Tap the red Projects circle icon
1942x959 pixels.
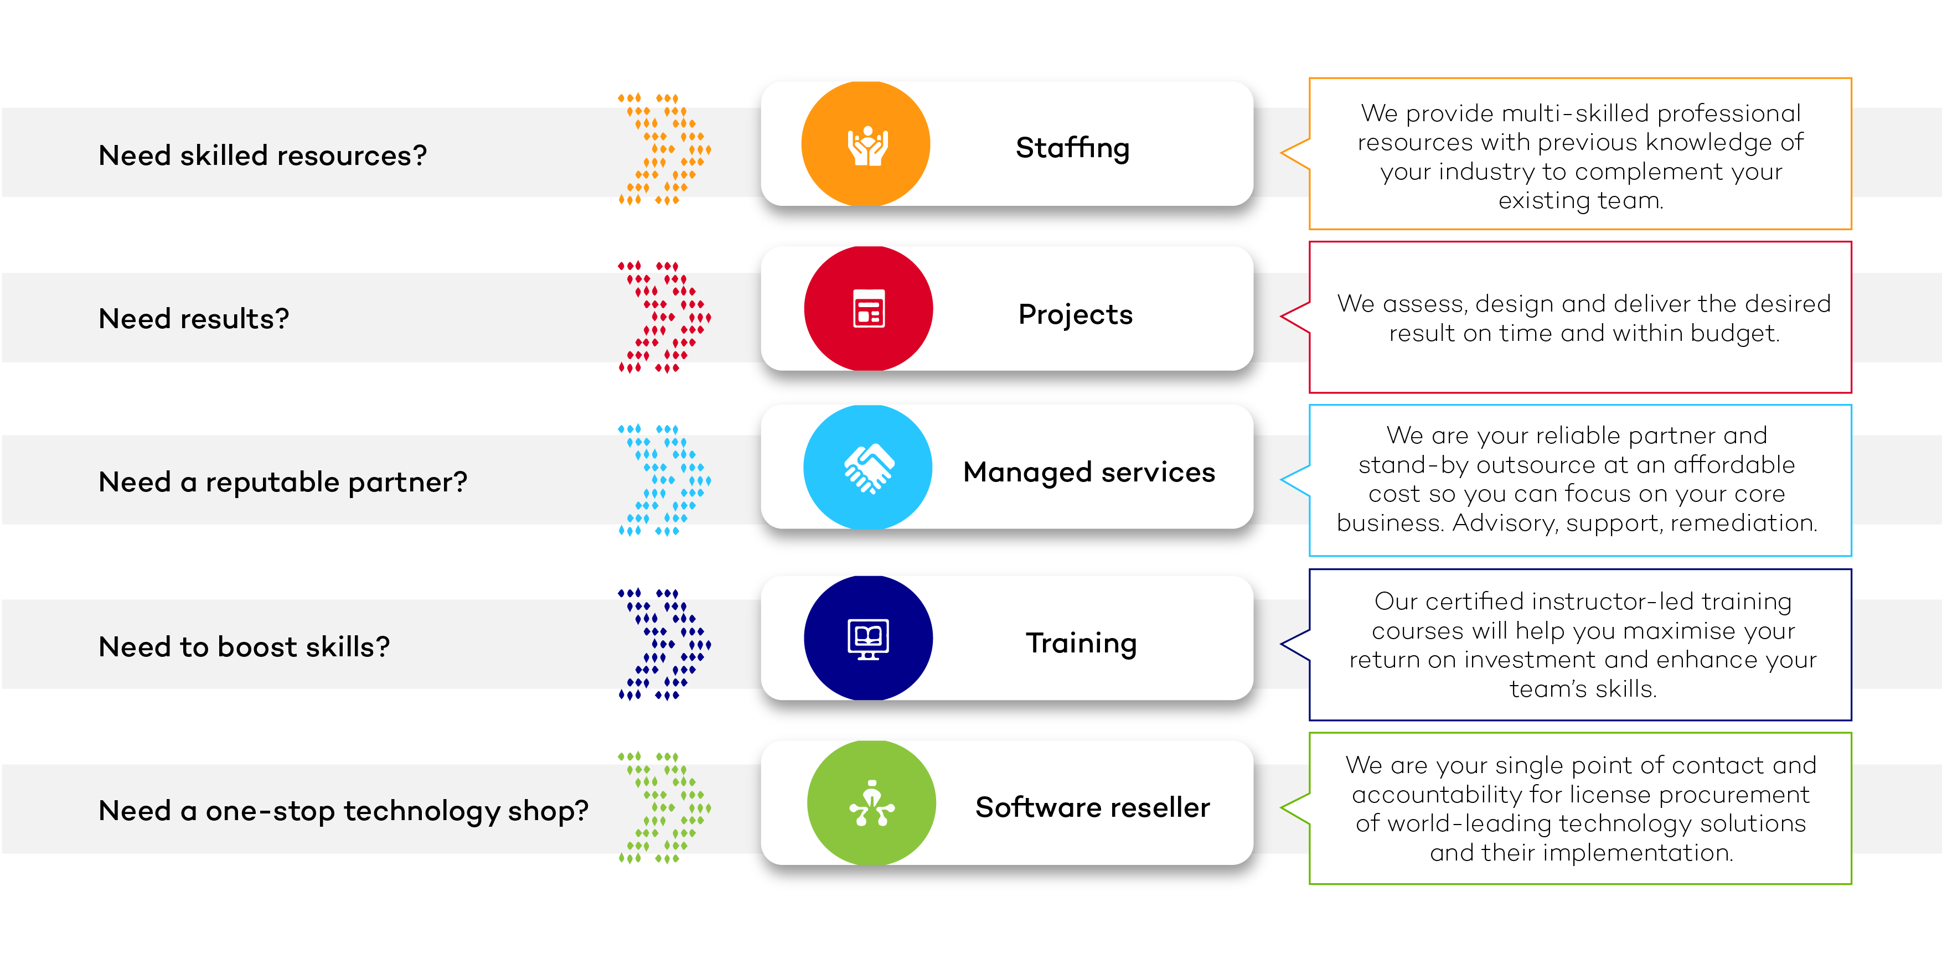pyautogui.click(x=869, y=308)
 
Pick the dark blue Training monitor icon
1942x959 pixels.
pyautogui.click(x=869, y=638)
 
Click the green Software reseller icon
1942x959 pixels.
pyautogui.click(x=871, y=802)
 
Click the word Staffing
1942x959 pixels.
pyautogui.click(x=1072, y=148)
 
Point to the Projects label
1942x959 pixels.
pyautogui.click(x=1075, y=314)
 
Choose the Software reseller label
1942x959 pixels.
pyautogui.click(x=1092, y=807)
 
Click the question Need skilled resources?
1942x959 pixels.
pyautogui.click(x=262, y=155)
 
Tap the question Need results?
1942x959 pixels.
pyautogui.click(x=194, y=319)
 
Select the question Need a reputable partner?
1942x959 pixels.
pyautogui.click(x=283, y=482)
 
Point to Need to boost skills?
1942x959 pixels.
pyautogui.click(x=244, y=646)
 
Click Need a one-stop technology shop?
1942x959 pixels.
pyautogui.click(x=343, y=811)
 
